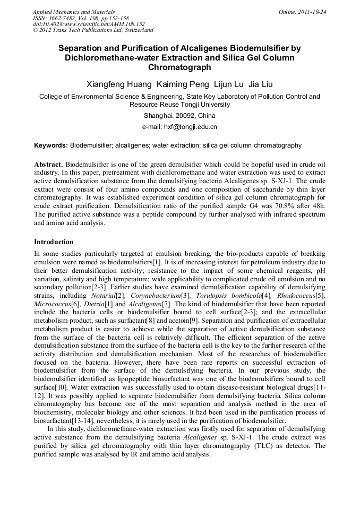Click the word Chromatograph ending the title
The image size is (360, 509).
179,67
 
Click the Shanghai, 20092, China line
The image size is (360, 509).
179,116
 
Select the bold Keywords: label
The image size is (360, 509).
51,145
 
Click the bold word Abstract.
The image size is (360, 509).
49,164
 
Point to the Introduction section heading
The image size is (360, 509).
54,242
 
